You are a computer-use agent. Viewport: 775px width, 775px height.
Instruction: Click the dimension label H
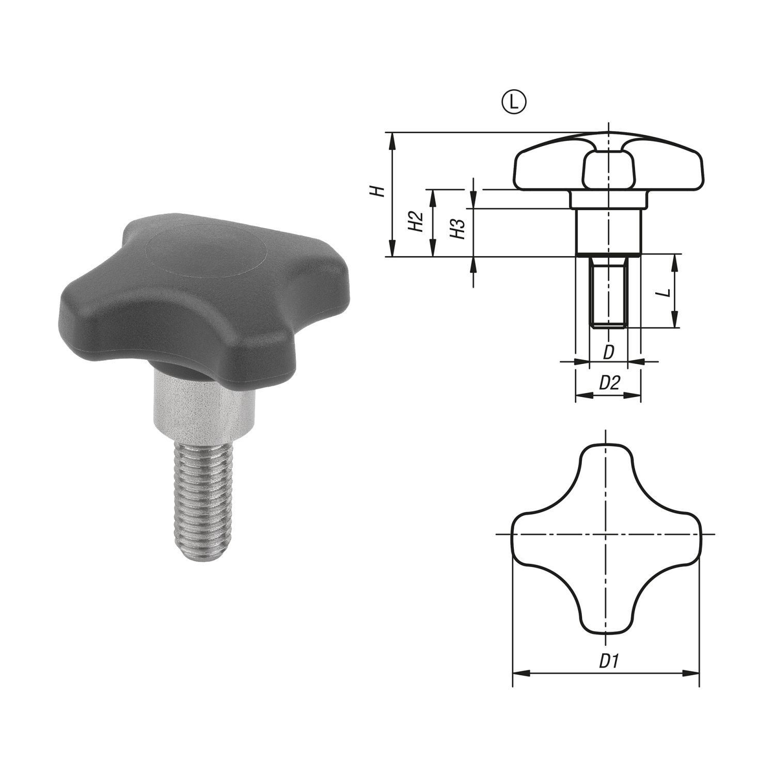click(x=379, y=191)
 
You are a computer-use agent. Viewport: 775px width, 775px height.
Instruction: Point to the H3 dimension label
click(x=458, y=228)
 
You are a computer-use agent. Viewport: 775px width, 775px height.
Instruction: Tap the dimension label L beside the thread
click(x=666, y=293)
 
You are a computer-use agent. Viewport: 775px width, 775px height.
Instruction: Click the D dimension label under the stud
click(x=609, y=353)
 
